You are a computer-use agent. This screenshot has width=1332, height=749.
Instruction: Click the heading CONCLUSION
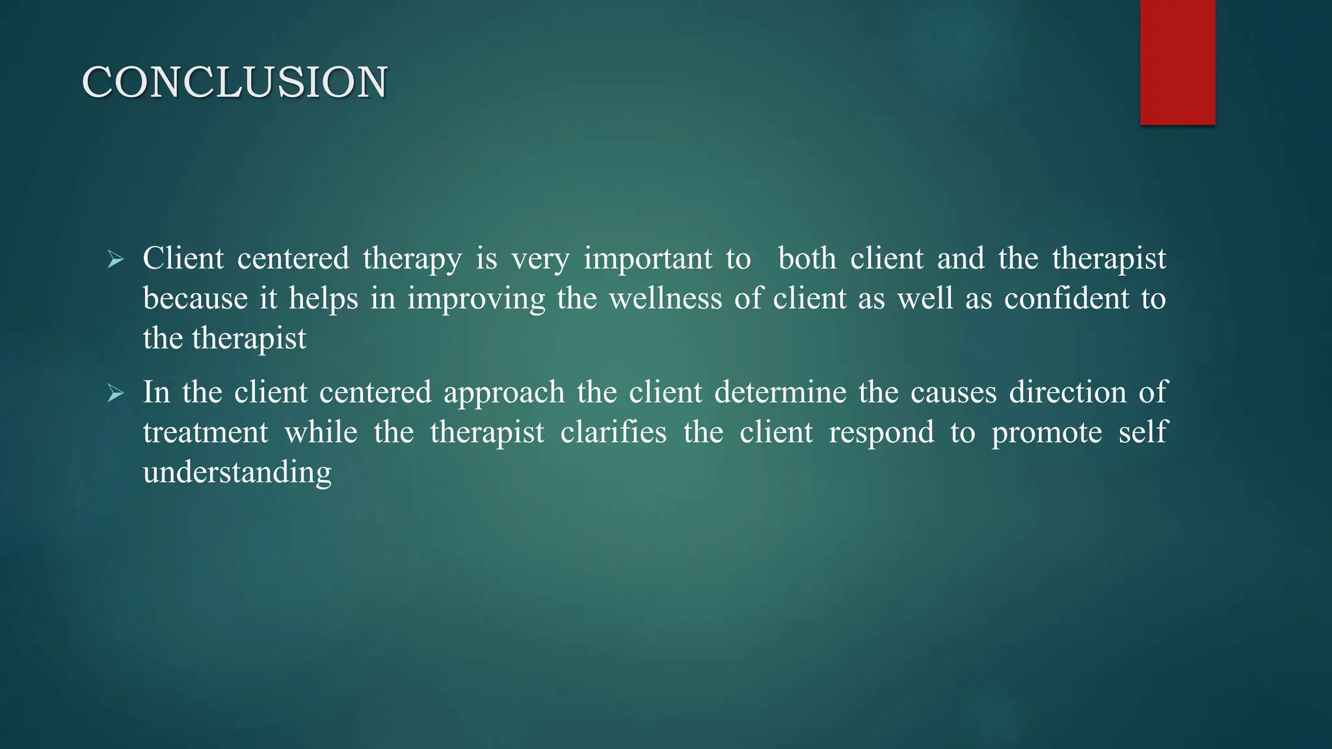pyautogui.click(x=235, y=83)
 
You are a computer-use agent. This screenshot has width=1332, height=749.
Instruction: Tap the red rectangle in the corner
pyautogui.click(x=1177, y=62)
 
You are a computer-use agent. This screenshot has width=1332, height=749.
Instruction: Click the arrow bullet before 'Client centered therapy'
pyautogui.click(x=116, y=260)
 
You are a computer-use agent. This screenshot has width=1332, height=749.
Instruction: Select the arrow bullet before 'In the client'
pyautogui.click(x=116, y=393)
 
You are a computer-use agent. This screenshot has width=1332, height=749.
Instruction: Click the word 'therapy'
pyautogui.click(x=412, y=259)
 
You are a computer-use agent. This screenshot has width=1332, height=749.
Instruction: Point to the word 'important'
pyautogui.click(x=648, y=259)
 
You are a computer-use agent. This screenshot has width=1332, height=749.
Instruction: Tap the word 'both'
pyautogui.click(x=807, y=258)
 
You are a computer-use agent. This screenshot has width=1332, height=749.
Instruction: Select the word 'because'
pyautogui.click(x=195, y=298)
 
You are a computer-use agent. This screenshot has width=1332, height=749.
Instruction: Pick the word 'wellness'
pyautogui.click(x=665, y=298)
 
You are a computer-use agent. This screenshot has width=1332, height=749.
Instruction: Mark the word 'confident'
pyautogui.click(x=1067, y=298)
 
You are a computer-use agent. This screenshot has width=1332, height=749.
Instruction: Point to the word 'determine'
pyautogui.click(x=780, y=392)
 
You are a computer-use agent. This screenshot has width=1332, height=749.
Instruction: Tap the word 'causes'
pyautogui.click(x=953, y=393)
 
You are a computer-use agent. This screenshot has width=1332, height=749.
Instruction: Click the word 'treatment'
pyautogui.click(x=206, y=432)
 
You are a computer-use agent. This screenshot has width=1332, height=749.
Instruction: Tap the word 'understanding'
pyautogui.click(x=237, y=473)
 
